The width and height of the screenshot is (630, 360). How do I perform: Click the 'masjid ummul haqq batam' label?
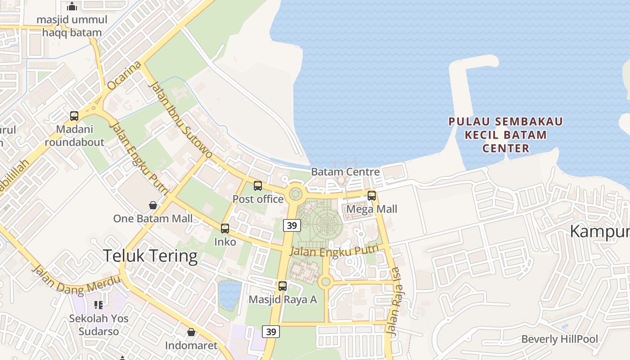coord(72,26)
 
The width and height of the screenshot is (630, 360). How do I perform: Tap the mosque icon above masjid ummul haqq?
coord(72,6)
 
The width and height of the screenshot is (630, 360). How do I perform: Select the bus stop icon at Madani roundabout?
coord(74,116)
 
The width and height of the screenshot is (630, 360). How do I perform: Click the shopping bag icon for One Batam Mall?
coord(153,205)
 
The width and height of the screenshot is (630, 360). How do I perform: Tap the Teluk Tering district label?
coord(150,256)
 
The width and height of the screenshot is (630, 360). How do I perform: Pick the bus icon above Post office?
coord(258,185)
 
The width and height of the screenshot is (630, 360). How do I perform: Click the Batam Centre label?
coord(345,172)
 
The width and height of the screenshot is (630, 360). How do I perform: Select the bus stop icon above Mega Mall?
coord(372,195)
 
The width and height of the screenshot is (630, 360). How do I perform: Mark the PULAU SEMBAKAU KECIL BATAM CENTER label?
coord(506,135)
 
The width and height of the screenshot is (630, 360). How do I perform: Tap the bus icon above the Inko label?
coord(225,229)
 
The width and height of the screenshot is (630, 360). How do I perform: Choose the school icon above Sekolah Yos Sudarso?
coord(99,305)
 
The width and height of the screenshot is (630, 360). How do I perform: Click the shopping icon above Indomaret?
coord(191,332)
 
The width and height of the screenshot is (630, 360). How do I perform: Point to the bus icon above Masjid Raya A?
coord(283,286)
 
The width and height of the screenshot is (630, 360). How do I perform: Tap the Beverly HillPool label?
coord(560,339)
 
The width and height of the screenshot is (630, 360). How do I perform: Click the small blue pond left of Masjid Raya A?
coord(230,295)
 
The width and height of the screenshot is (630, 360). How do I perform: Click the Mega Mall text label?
coord(372,209)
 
